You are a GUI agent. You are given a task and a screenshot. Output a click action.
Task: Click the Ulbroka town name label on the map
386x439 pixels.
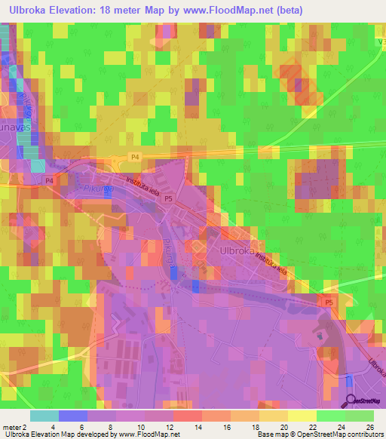click(240, 251)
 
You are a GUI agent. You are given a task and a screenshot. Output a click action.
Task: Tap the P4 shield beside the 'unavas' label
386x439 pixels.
click(48, 181)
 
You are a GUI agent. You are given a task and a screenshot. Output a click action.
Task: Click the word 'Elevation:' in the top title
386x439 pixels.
click(85, 11)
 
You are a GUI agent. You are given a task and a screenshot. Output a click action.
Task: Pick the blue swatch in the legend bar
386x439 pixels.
click(72, 416)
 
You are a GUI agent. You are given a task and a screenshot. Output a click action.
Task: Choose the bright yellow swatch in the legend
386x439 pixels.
click(302, 416)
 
